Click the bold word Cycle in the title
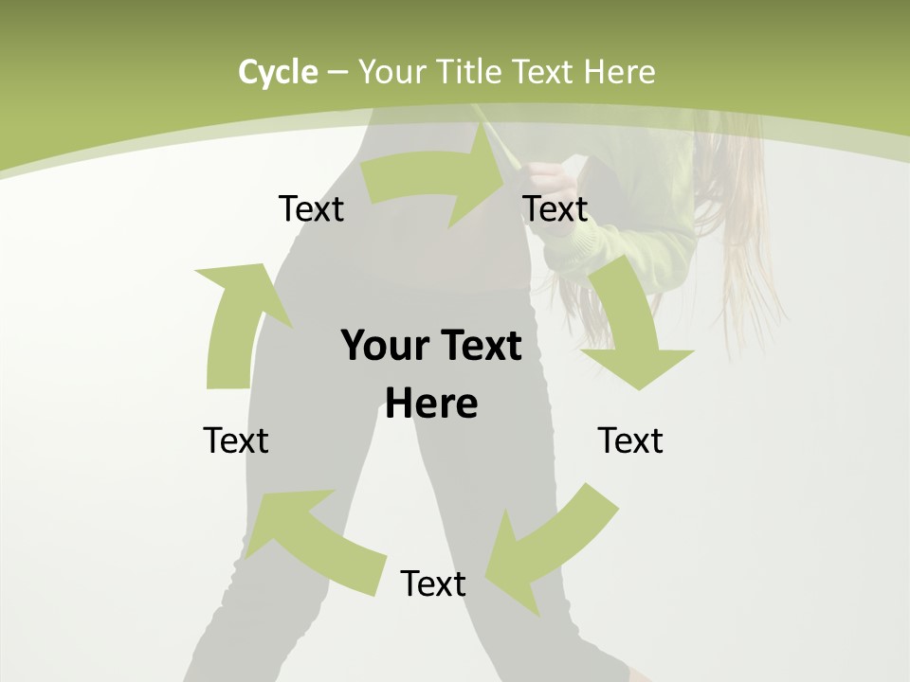click(278, 72)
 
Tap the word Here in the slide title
click(620, 72)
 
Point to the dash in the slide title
click(337, 73)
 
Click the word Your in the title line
click(391, 72)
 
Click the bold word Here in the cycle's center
click(431, 404)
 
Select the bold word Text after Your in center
click(478, 346)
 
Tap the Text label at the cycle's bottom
click(433, 583)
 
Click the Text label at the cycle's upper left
click(311, 208)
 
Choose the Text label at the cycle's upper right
click(555, 208)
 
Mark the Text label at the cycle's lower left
click(236, 440)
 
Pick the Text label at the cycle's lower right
click(630, 440)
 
